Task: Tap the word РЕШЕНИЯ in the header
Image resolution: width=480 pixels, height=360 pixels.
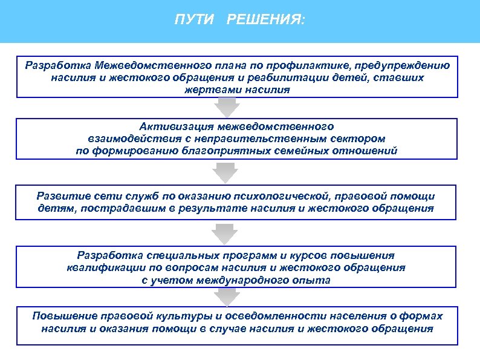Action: coord(265,21)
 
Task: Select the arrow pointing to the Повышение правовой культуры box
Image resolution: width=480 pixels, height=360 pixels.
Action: coord(227,298)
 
